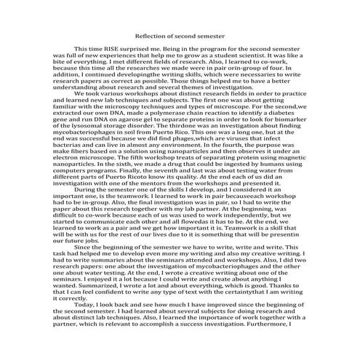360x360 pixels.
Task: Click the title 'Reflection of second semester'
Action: pyautogui.click(x=180, y=35)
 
